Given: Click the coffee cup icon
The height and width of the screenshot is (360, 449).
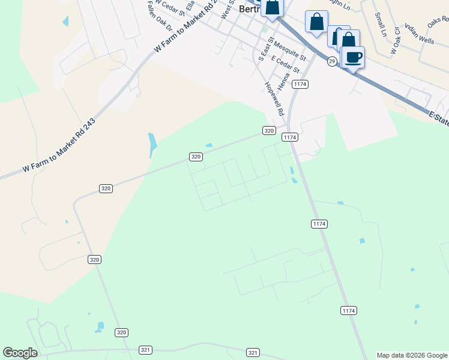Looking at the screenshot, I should point(353,58).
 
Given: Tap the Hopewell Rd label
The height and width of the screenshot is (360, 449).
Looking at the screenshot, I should point(274,98).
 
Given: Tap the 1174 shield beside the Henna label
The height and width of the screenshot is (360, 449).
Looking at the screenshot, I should point(301,85).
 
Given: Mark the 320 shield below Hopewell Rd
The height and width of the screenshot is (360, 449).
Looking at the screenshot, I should point(269,130).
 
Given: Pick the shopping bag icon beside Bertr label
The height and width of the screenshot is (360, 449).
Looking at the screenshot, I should point(272,7).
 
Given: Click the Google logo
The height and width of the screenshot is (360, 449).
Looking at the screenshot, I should point(20,353).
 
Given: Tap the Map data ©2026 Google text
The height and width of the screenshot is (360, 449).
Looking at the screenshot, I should point(412,355).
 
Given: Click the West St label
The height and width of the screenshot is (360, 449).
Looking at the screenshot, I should point(226,9).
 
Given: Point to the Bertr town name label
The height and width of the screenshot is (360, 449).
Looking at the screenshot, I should point(248,9).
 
